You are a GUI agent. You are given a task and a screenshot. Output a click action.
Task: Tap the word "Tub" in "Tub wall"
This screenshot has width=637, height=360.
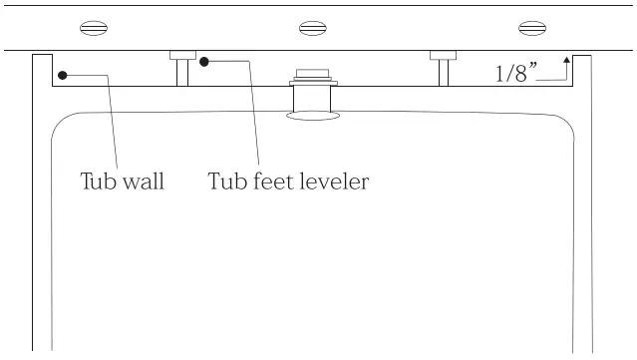tap(99, 182)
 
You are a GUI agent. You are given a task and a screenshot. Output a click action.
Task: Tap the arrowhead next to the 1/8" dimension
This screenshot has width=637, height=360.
tap(566, 60)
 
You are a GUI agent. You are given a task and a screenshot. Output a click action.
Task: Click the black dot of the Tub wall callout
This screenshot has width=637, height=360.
tap(62, 75)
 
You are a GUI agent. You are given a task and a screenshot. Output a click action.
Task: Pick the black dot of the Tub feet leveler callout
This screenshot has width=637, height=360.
tap(204, 62)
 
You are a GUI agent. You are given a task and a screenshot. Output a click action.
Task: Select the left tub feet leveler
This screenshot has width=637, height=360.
tap(181, 69)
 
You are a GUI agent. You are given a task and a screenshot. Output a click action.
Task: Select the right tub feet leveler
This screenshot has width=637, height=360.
tap(442, 69)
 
